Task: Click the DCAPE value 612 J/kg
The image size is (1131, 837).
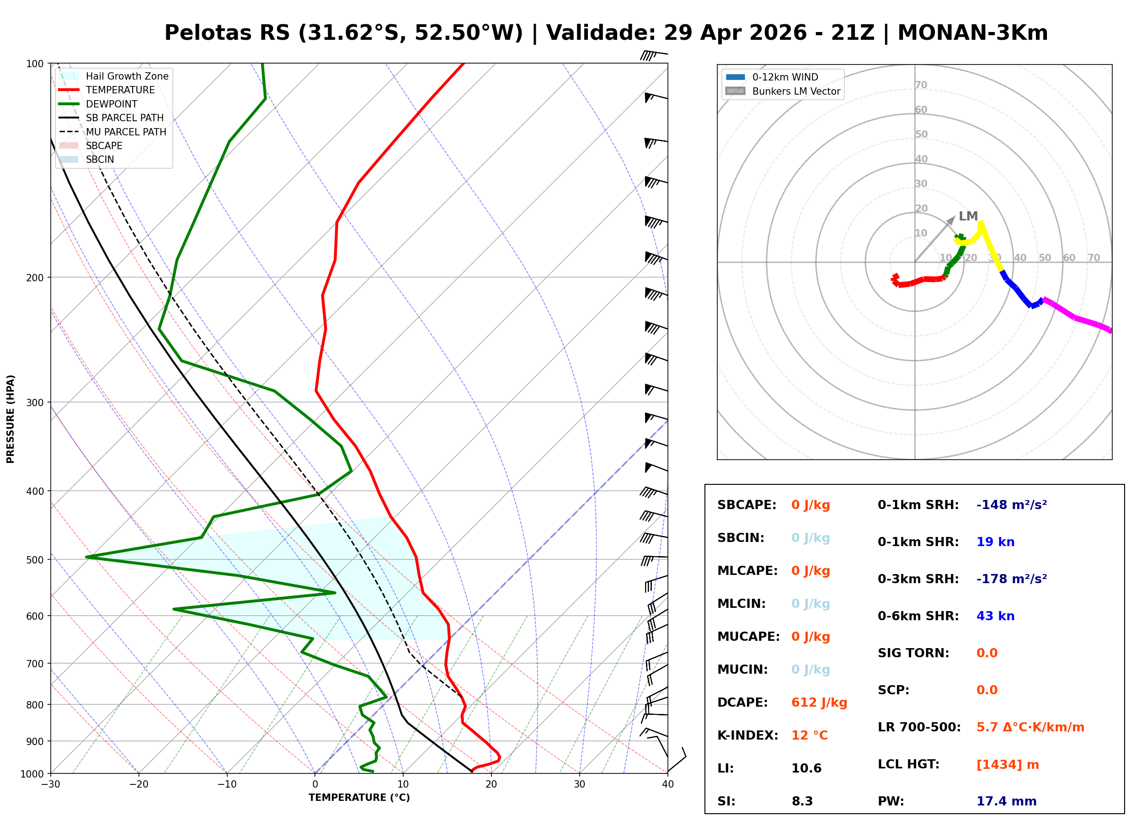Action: (x=819, y=702)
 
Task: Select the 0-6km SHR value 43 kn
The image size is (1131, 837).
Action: (x=995, y=616)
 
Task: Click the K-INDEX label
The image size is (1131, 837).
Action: (x=747, y=735)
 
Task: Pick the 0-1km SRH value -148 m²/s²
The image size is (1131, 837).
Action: (x=1011, y=504)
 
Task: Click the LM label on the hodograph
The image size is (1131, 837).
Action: (x=968, y=216)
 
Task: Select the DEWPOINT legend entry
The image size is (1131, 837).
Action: (x=112, y=104)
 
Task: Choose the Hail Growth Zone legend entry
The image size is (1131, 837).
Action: (x=127, y=76)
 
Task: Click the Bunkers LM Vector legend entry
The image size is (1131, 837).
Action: (x=796, y=91)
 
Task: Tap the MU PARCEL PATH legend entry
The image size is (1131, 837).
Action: (x=126, y=132)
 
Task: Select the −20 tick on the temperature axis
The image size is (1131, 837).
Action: (x=138, y=784)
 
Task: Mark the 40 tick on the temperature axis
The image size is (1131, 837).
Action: (x=667, y=784)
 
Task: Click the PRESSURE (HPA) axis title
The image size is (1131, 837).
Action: (x=11, y=418)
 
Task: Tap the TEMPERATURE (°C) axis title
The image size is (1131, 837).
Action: (x=359, y=798)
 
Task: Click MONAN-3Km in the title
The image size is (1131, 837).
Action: (x=972, y=33)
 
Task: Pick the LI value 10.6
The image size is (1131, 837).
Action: (x=806, y=768)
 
